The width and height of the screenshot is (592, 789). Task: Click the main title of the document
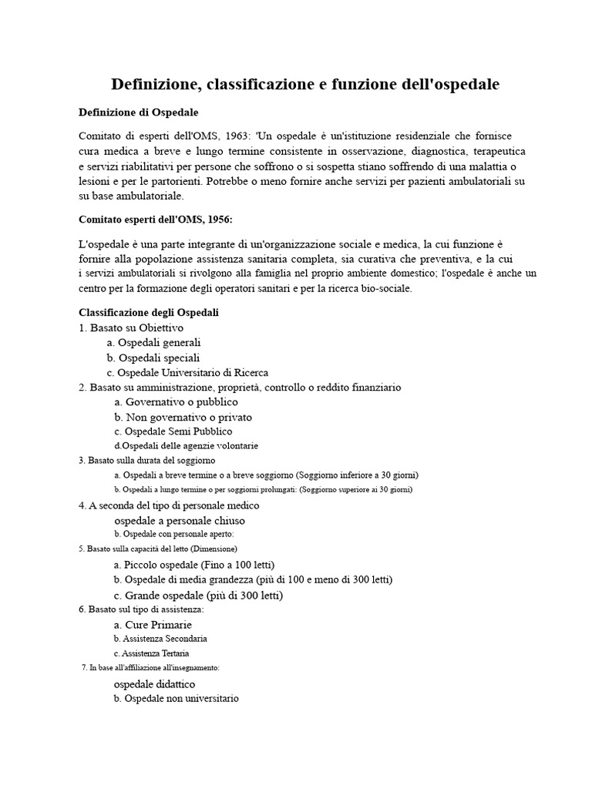(x=305, y=85)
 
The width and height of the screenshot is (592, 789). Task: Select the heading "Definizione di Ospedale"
(x=139, y=112)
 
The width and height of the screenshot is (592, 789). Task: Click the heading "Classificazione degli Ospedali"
(x=149, y=313)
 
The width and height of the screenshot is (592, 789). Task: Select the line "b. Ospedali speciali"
(x=153, y=358)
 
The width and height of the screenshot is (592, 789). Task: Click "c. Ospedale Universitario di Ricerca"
(x=187, y=373)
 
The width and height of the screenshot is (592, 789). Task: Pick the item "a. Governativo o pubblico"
(x=176, y=402)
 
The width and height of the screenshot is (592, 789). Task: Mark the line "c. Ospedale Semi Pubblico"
(x=173, y=431)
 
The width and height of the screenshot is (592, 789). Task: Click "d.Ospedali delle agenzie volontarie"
(x=186, y=446)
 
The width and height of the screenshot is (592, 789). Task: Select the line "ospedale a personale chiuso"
(x=180, y=521)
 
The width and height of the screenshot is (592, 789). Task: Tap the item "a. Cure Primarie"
(x=153, y=625)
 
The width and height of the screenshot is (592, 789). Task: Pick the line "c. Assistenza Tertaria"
(x=151, y=653)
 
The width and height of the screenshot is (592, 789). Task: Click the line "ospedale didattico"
(x=154, y=684)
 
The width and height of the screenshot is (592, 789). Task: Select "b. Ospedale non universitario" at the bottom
(x=176, y=699)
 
